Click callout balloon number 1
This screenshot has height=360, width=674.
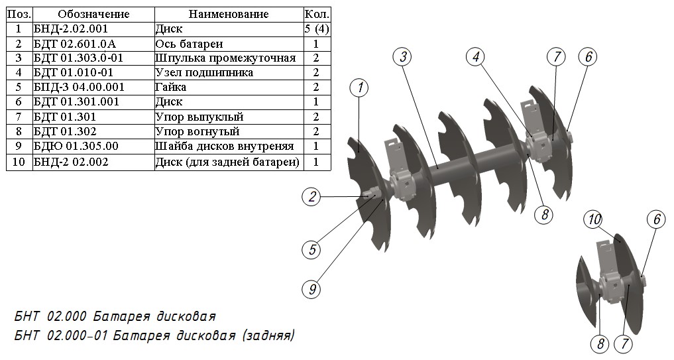[x=359, y=88]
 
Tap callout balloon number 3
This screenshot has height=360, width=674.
[x=403, y=56]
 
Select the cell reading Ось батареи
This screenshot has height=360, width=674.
[x=189, y=44]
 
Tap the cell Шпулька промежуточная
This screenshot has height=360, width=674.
[x=225, y=58]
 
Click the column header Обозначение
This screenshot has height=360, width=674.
[x=93, y=15]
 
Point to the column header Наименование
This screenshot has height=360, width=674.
[x=229, y=15]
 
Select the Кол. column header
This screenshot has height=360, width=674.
[x=316, y=15]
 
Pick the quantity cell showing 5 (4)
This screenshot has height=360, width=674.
[x=316, y=29]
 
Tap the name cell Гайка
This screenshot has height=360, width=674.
[x=170, y=88]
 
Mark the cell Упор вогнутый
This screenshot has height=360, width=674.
[x=197, y=131]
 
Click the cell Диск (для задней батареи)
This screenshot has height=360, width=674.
[x=227, y=161]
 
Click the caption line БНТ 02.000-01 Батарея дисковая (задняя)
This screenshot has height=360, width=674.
[x=154, y=335]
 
